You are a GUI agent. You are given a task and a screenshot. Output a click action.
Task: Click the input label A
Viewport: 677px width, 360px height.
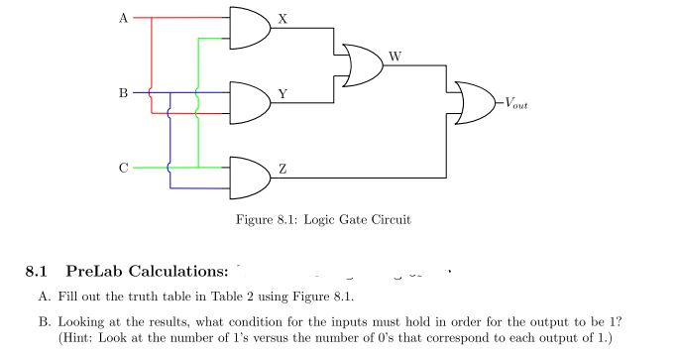click(x=123, y=18)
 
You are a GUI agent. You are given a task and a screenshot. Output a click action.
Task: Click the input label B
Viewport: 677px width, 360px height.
click(x=123, y=93)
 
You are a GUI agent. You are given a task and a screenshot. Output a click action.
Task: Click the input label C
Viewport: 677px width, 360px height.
click(x=123, y=168)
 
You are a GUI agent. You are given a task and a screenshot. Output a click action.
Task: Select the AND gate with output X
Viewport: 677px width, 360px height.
click(x=249, y=28)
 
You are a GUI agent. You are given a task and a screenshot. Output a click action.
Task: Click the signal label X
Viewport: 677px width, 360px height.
click(x=283, y=19)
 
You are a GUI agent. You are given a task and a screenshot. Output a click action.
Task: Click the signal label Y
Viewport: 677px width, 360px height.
click(x=283, y=94)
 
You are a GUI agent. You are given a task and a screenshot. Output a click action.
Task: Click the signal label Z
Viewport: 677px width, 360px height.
click(x=283, y=170)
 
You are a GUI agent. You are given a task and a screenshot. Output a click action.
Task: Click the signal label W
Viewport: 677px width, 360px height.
click(x=395, y=57)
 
